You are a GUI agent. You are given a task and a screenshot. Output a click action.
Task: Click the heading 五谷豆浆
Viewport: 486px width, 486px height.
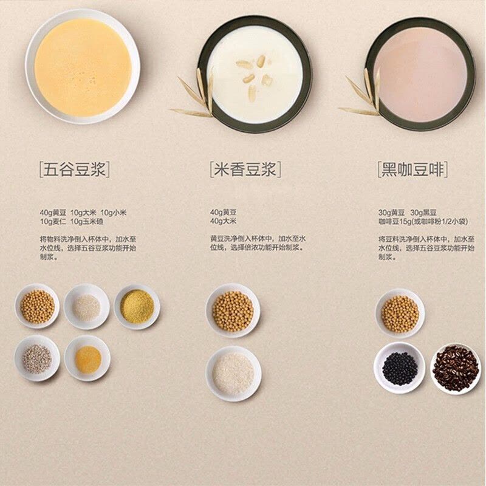coord(74,169)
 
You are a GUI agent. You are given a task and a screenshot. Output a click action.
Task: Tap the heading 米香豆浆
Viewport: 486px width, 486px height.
coord(245,169)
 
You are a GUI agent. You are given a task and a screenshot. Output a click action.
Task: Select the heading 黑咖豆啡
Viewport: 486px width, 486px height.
coord(413,169)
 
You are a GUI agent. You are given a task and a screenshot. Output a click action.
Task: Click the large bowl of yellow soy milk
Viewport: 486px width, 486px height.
coord(83,66)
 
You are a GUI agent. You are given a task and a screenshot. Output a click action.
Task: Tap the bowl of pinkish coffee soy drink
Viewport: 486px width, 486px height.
coord(420,74)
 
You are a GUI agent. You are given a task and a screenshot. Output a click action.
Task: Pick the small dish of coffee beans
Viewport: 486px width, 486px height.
coord(456,368)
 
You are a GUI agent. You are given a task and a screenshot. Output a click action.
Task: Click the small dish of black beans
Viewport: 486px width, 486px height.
coord(399,368)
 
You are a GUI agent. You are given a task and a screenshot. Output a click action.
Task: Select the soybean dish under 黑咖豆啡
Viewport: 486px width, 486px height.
coord(400,313)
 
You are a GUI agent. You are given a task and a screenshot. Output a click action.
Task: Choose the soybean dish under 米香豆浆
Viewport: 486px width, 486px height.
coord(233,310)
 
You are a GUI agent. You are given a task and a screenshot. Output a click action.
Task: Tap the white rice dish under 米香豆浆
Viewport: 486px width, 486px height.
coord(234,374)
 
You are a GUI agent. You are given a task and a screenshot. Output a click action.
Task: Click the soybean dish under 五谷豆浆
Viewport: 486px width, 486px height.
coord(37,306)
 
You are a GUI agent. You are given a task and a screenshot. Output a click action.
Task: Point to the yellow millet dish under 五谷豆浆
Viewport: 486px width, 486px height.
coord(137,307)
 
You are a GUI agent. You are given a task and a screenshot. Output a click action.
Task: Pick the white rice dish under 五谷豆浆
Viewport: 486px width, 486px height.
coord(87,307)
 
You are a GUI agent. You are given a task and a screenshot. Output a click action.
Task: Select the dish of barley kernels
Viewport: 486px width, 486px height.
coord(37,358)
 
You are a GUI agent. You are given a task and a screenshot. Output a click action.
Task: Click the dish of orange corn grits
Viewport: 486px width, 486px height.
coord(87,358)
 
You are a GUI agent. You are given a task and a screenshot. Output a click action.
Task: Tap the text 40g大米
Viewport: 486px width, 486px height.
coord(223,221)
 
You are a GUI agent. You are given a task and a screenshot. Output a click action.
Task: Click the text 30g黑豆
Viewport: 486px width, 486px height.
coord(423,213)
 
